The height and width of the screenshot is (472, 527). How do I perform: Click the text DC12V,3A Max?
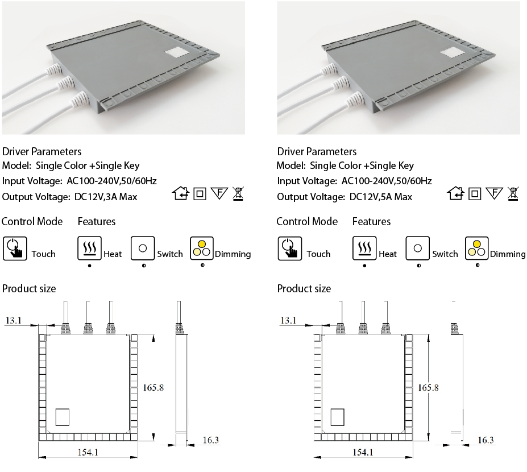click(106, 197)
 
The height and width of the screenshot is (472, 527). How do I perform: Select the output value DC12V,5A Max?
click(381, 197)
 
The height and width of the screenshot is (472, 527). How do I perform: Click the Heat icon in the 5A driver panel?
click(364, 249)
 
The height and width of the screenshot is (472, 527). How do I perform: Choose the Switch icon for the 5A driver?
click(418, 249)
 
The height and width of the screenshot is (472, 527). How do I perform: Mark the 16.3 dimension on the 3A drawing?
click(210, 440)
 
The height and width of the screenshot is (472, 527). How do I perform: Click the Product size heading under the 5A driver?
click(304, 289)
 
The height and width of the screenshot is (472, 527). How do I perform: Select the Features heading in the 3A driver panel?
click(97, 221)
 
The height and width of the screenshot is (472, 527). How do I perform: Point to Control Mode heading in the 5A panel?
click(307, 221)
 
